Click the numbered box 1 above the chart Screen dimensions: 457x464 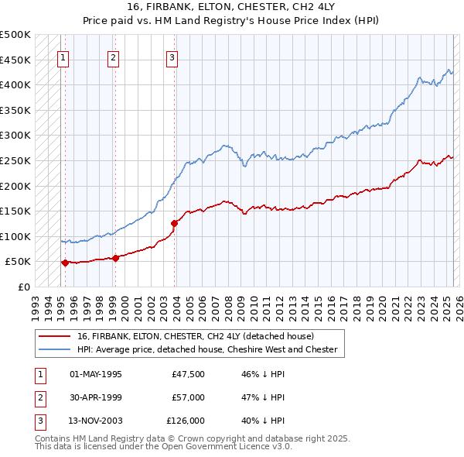click(62, 57)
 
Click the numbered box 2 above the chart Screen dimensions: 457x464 click(113, 57)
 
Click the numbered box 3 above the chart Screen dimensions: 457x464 click(171, 57)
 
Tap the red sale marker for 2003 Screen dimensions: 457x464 click(175, 223)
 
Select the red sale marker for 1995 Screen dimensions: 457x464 click(65, 263)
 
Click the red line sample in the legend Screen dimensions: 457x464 click(55, 336)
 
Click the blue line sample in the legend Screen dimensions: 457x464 click(55, 349)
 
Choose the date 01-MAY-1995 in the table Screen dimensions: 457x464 click(96, 374)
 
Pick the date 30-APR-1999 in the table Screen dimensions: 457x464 click(96, 397)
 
